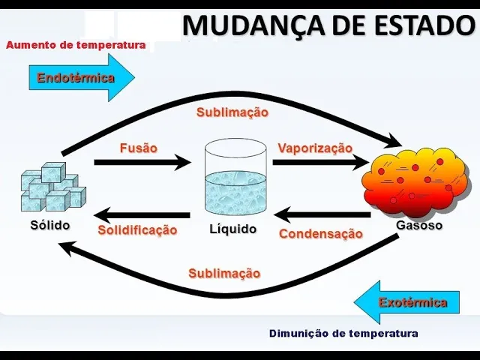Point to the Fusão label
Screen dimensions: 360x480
click(x=138, y=148)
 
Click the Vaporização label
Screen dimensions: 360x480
click(x=315, y=148)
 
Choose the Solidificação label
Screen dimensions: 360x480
click(x=137, y=230)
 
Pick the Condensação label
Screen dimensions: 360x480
click(x=321, y=234)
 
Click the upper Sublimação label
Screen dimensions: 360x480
click(x=232, y=112)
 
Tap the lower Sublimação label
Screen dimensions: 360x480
click(x=224, y=273)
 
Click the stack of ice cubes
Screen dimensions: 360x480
click(x=51, y=187)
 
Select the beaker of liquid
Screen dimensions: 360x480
click(x=235, y=179)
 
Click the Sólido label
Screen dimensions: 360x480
click(x=50, y=225)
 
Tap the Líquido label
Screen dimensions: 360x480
click(x=232, y=229)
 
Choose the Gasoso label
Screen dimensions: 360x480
click(x=419, y=225)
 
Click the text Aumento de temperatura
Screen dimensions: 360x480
click(x=76, y=45)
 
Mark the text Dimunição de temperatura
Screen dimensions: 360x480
click(x=343, y=333)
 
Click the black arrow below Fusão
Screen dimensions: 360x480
click(x=142, y=161)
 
